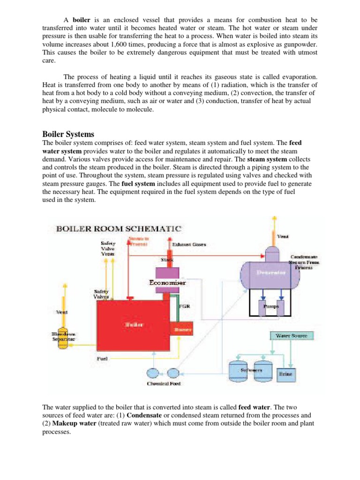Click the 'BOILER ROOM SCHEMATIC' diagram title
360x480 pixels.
tap(119, 229)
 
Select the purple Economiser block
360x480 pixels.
tap(167, 283)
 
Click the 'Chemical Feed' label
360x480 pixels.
tap(164, 384)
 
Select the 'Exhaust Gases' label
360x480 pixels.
tap(189, 245)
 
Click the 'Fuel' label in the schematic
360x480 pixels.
tap(102, 359)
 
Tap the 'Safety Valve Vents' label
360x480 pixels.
tap(107, 248)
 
